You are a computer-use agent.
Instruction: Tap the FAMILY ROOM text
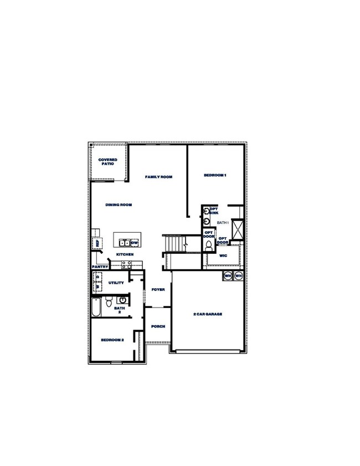pos(159,177)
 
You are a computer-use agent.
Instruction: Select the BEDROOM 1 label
pos(215,175)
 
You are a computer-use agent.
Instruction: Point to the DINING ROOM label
pos(119,205)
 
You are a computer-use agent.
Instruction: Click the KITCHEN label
pos(125,254)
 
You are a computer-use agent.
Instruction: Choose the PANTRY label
pos(100,267)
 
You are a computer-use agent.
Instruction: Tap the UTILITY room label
pos(116,283)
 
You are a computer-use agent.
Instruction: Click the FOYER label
pos(158,289)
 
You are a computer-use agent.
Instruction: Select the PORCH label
pos(158,326)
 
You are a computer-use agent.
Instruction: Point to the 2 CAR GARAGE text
pos(208,314)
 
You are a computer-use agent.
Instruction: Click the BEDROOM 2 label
pos(112,340)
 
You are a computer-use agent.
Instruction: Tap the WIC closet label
pos(223,256)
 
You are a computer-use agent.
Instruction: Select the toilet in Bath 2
pos(109,303)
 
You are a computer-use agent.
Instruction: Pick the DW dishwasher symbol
pos(135,243)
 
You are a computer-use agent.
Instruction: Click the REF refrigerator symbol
pos(97,243)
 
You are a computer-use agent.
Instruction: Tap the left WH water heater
pos(228,275)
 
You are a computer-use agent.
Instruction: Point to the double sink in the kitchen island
pos(125,242)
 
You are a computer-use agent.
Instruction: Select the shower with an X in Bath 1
pos(238,229)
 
